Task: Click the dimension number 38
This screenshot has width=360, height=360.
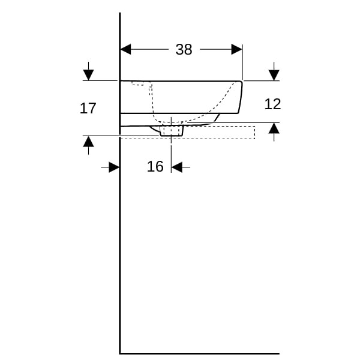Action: point(184,50)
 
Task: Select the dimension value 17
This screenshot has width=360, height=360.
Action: point(88,109)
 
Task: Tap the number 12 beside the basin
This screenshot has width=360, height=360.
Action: point(272,104)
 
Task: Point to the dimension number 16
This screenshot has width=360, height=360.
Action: point(155,167)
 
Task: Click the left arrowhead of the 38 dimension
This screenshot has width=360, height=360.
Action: point(126,49)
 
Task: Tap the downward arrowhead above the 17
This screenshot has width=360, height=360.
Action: point(88,75)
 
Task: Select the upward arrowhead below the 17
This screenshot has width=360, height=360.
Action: point(88,142)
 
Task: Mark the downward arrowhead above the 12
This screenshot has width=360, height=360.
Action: point(274,75)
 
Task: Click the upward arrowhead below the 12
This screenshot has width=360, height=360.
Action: point(274,128)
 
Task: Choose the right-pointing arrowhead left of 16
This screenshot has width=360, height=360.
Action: point(115,167)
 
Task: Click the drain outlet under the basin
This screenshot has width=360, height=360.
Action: point(171,131)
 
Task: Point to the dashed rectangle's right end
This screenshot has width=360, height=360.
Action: point(254,132)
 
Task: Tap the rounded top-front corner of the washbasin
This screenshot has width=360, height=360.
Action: point(241,83)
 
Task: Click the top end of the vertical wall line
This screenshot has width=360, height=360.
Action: point(120,14)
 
